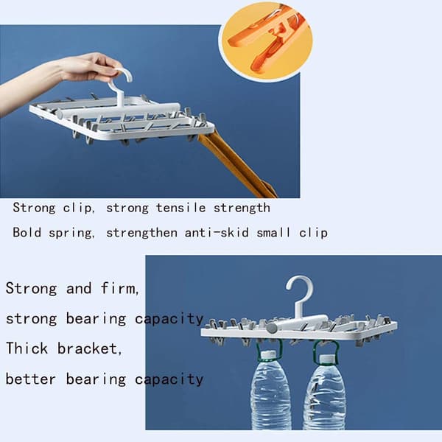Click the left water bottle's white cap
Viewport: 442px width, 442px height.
pos(268,354)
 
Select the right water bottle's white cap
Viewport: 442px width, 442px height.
pos(327,359)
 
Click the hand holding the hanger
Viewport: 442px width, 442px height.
pos(57,76)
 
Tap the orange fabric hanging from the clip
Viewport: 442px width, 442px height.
pos(236,166)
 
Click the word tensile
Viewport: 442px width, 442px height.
pos(180,208)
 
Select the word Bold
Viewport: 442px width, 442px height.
pos(27,233)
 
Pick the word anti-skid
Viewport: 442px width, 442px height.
pos(217,233)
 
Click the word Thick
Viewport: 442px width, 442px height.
pos(27,348)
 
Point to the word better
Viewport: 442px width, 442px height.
pos(31,379)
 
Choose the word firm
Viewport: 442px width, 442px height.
pos(119,288)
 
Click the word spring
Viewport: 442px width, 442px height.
pos(71,234)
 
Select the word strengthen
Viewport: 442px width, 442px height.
pos(141,233)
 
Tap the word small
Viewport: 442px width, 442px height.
pos(273,233)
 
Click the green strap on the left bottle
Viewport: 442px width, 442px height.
pos(268,350)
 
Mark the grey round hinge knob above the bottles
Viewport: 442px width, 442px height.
pos(272,329)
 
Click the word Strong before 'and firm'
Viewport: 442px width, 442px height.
pos(31,289)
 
